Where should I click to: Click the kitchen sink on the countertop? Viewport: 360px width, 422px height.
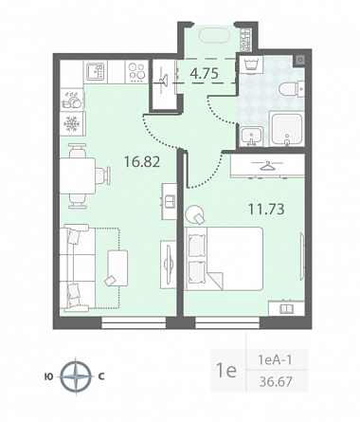coord(96,72)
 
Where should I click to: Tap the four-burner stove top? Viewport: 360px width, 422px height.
coord(136,72)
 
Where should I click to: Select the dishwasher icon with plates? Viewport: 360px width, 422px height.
coord(72,100)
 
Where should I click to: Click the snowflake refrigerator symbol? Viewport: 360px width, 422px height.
coord(72,123)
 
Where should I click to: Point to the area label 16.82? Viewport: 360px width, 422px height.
coord(142,162)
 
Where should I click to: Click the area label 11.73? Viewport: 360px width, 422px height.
coord(266,209)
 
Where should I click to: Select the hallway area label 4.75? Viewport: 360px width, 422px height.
coord(204,74)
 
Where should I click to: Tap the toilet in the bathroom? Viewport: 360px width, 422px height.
coord(292,88)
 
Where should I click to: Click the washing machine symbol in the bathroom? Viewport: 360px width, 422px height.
coord(252,64)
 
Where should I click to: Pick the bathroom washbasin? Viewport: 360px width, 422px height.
coord(251,137)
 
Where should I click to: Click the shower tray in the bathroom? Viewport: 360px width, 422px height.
coord(287,129)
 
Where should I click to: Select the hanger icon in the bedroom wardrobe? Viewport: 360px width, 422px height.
coord(267,166)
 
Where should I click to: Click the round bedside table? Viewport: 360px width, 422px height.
coord(194,214)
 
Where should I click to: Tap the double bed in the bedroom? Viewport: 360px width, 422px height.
coord(224,258)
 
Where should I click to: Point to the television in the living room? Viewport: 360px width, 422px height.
coord(169,265)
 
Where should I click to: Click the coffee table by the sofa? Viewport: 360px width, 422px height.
coord(117,268)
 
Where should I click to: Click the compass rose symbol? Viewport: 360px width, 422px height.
coord(76,376)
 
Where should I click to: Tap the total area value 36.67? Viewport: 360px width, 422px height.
coord(276,381)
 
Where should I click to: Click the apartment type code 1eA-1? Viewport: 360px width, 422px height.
coord(275,359)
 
